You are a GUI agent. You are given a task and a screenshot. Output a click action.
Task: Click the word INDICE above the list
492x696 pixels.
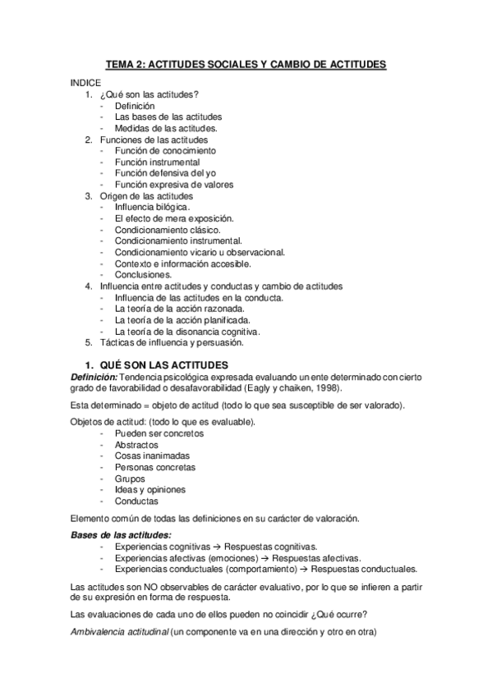tap(85, 83)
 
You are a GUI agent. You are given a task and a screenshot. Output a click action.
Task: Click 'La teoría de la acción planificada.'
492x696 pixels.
tap(183, 320)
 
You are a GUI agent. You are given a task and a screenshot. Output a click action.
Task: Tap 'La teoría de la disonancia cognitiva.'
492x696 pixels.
tap(188, 332)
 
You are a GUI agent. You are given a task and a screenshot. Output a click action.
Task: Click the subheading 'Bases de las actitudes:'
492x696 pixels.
tap(119, 535)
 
